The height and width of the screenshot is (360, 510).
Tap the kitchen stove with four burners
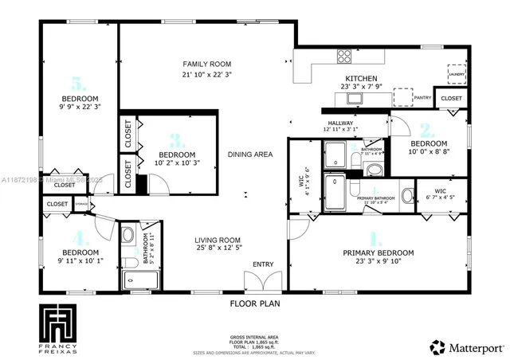coord(346,56)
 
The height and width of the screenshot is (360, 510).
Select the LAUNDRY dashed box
coord(456,72)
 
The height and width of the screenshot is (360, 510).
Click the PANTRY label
coord(422,98)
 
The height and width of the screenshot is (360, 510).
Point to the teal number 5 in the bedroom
coord(77,83)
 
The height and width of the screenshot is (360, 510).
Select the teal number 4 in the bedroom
coord(78,237)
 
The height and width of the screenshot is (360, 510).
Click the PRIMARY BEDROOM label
coord(375,253)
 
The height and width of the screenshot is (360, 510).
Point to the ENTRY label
coord(262,264)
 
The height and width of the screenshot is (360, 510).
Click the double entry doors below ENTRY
coord(261,283)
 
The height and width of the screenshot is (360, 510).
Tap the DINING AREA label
coord(249,155)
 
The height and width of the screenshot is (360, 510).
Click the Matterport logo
coord(467,347)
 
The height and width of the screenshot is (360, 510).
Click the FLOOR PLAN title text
coord(255,303)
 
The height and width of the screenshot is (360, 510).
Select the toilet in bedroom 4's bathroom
coord(127,236)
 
